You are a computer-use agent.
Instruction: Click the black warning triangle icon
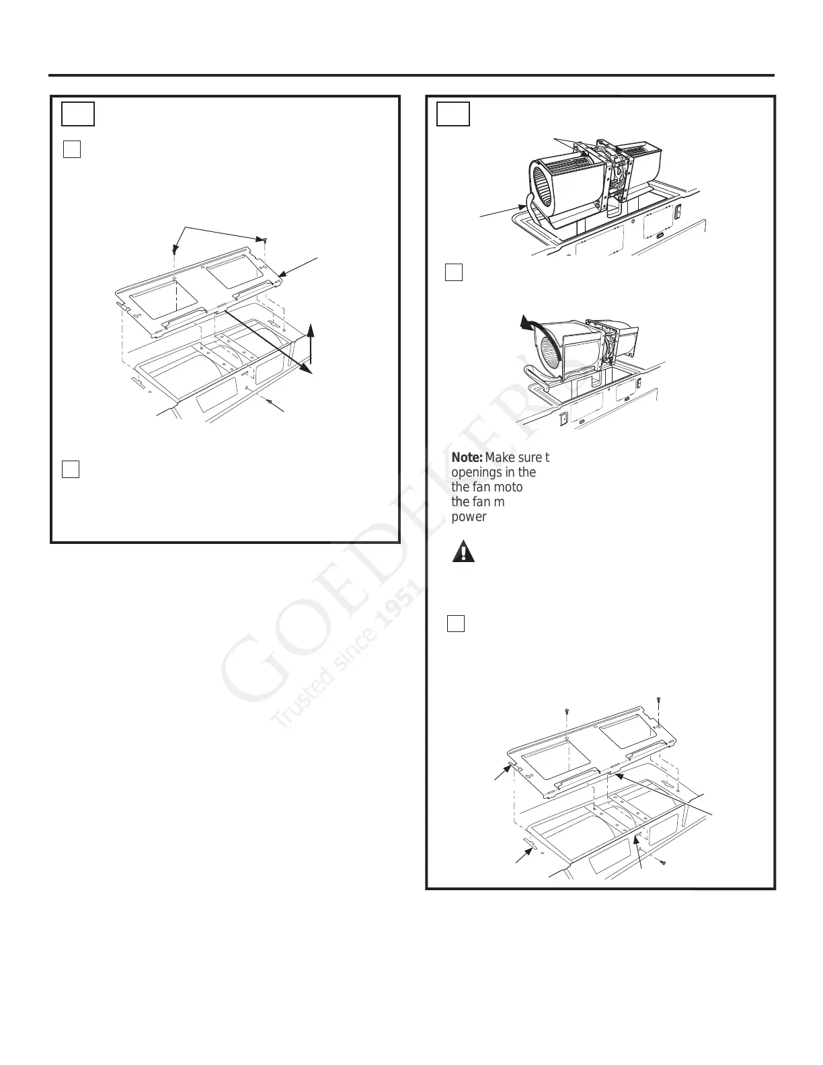[464, 552]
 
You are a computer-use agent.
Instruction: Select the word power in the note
[469, 517]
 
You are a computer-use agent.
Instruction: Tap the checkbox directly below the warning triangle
[456, 623]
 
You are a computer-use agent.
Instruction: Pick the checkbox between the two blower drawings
[454, 272]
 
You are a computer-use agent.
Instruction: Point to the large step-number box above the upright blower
[453, 114]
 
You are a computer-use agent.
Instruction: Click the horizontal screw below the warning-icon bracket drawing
[662, 862]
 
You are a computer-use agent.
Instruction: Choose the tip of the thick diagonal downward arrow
[310, 371]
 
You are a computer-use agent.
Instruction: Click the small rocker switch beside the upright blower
[677, 211]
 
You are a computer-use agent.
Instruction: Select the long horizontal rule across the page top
[412, 75]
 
